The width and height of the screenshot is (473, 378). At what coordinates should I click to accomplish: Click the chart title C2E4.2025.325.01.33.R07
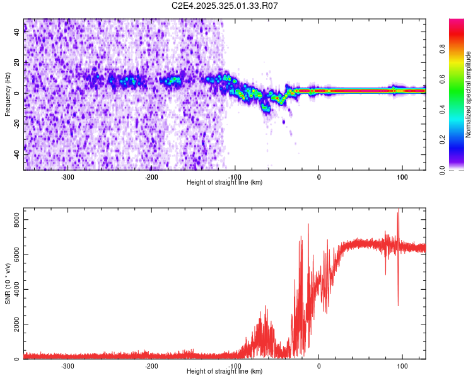(x=225, y=6)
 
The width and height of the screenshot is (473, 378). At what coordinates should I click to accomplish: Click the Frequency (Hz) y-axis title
(x=8, y=94)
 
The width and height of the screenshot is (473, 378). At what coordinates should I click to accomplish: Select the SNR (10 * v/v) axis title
(x=8, y=283)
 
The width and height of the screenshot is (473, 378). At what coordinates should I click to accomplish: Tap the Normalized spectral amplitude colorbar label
(x=469, y=94)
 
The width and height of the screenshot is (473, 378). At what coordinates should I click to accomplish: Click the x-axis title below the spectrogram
(x=225, y=182)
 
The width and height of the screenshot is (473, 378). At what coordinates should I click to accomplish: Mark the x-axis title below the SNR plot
(x=225, y=371)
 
